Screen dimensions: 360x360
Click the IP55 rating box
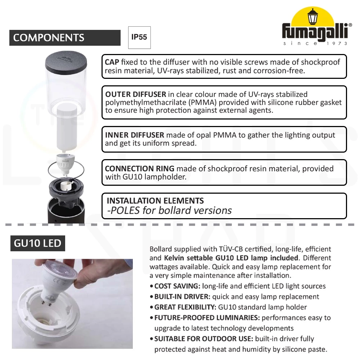coord(139,37)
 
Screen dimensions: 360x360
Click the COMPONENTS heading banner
coord(65,38)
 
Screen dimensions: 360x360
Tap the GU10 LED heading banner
coord(38,243)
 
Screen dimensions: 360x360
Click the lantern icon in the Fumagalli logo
coord(312,17)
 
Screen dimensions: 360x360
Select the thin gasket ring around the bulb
coord(66,170)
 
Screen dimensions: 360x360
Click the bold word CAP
coord(112,62)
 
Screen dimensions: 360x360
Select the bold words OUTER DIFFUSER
coord(135,94)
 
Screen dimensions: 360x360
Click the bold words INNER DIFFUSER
coord(135,135)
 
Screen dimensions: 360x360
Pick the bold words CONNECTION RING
coord(140,168)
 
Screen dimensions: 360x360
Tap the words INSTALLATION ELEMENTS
coord(155,201)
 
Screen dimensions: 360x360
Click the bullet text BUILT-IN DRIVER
coord(182,297)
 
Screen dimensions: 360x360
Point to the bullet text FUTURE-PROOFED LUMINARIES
coord(207,318)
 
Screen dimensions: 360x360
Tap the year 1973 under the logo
coord(337,44)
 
